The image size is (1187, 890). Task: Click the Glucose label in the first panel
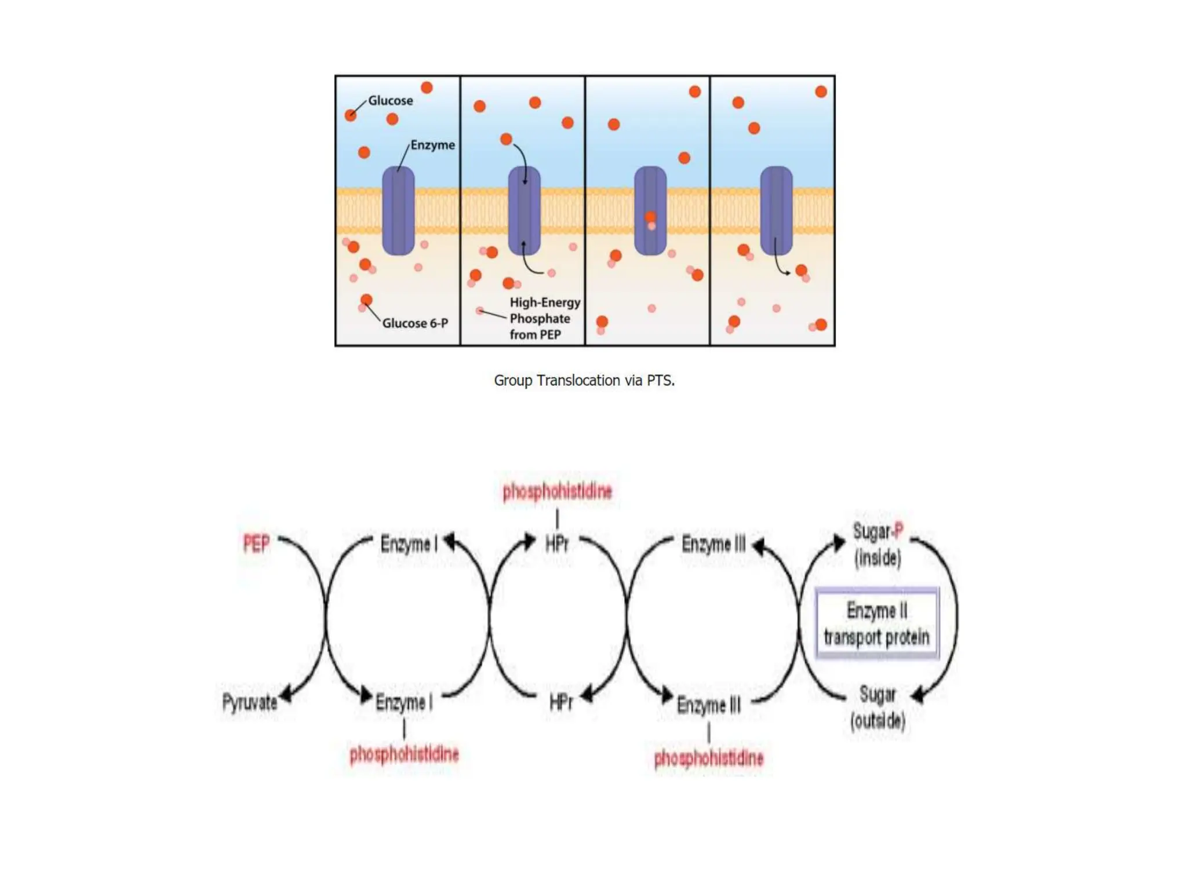pos(390,100)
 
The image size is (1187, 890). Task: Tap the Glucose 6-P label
pos(415,323)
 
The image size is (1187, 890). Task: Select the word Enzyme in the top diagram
pos(432,145)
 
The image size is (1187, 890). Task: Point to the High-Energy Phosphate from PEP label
pos(544,318)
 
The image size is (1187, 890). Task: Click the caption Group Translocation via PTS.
pos(584,380)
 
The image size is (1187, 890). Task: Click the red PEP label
pos(256,544)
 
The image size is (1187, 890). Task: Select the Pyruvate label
pos(250,702)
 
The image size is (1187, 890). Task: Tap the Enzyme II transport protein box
pos(876,623)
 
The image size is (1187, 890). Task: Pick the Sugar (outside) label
pos(877,707)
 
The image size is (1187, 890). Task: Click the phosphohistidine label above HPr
pos(557,491)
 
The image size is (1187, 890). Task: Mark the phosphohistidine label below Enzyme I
pos(404,754)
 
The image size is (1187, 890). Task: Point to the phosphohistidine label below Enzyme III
pos(708,757)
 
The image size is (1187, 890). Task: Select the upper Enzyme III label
pos(713,544)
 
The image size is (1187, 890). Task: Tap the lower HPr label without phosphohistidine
pos(560,702)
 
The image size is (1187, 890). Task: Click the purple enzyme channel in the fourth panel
pos(776,210)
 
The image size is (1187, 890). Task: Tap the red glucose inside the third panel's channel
pos(650,217)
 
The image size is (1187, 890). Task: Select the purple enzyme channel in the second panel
pos(524,210)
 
